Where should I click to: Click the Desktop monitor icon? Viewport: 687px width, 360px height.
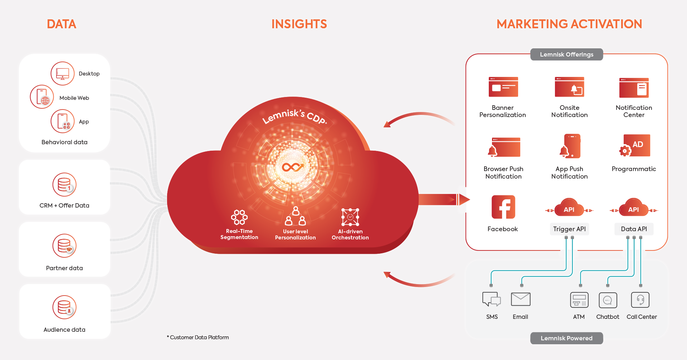point(63,73)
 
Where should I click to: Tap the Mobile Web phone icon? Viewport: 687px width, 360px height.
point(42,97)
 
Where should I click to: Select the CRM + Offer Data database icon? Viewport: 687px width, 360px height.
point(64,185)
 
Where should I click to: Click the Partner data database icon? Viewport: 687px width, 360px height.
point(64,246)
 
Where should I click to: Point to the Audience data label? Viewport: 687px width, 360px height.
point(64,330)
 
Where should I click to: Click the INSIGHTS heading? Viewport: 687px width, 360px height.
point(299,24)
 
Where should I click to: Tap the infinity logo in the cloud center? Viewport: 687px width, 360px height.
point(293,167)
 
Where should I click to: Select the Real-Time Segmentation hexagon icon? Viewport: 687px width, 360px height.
point(239,217)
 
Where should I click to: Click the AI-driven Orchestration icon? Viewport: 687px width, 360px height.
point(350,217)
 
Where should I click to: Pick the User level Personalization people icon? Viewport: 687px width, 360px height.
point(296,216)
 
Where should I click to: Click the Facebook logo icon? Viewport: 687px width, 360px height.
point(503,207)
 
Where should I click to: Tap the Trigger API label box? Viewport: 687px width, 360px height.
point(569,229)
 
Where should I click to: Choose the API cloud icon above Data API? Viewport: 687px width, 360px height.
point(634,208)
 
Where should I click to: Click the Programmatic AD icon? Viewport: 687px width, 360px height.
point(634,146)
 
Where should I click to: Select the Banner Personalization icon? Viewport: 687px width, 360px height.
point(503,87)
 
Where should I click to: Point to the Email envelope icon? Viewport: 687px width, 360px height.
point(521,299)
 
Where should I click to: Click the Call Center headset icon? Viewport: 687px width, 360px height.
point(640,300)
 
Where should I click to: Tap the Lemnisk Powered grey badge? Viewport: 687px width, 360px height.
point(566,338)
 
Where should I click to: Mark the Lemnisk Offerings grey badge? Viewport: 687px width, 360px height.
point(566,54)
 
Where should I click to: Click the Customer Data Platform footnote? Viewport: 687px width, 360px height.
point(198,337)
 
